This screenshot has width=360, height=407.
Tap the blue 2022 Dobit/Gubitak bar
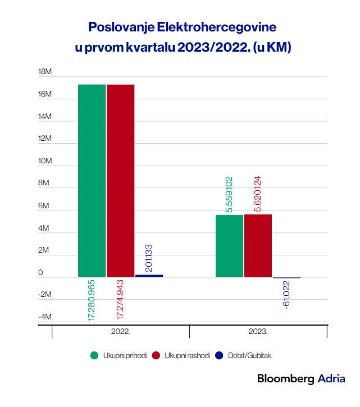tap(149, 276)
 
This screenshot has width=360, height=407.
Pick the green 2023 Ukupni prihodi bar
tap(229, 246)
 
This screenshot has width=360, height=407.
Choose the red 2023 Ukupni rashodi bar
tap(258, 246)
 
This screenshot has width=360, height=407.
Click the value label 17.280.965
tap(91, 300)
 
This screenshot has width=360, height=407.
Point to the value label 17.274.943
tap(120, 300)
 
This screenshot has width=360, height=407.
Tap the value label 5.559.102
tap(229, 194)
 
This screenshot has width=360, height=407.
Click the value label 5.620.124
tap(258, 194)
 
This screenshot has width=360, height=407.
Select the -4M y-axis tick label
tap(45, 317)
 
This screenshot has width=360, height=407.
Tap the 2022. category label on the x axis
tap(121, 332)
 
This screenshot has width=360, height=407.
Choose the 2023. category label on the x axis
tap(258, 332)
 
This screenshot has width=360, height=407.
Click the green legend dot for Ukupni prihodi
tap(94, 355)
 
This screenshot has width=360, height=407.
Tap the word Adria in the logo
tap(331, 379)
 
